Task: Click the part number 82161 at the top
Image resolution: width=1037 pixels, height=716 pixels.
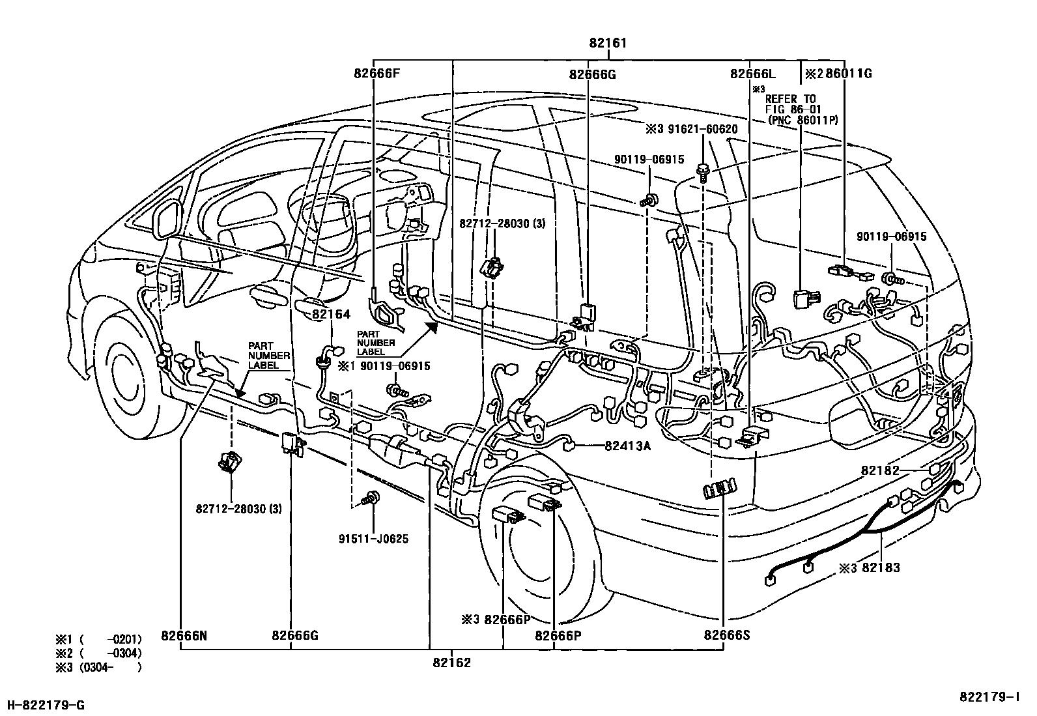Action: tap(608, 44)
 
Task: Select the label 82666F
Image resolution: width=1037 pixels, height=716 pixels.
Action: tap(376, 74)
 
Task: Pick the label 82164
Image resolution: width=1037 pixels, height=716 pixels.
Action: tap(331, 315)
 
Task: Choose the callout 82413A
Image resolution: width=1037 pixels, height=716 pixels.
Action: tap(628, 446)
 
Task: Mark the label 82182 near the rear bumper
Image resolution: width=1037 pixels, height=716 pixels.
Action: tap(879, 470)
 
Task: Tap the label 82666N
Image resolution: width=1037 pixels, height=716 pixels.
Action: tap(193, 636)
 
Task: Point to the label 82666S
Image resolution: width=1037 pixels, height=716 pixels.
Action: tap(727, 636)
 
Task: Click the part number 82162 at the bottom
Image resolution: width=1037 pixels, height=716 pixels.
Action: tap(451, 663)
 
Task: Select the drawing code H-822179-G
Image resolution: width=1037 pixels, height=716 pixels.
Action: tap(45, 704)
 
